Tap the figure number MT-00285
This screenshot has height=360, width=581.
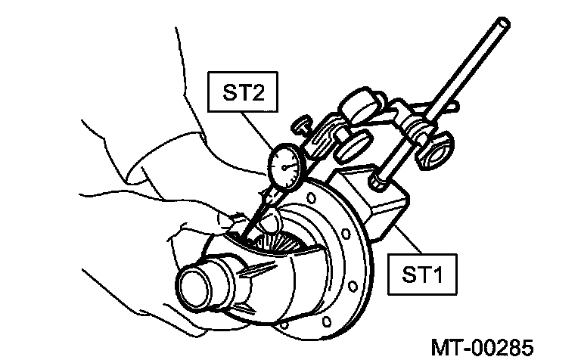pos(482,347)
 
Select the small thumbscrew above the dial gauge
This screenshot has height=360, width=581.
pos(303,124)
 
